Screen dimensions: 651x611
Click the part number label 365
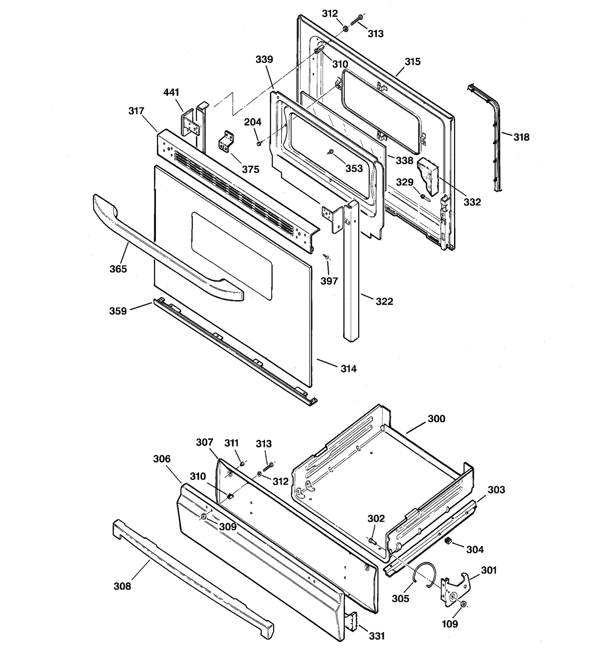tap(118, 269)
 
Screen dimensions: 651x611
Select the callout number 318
tap(521, 137)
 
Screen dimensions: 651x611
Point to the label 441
tap(171, 92)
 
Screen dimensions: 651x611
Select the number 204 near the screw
tap(252, 122)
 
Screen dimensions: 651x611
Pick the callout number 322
tap(384, 301)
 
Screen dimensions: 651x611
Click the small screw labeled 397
tap(326, 257)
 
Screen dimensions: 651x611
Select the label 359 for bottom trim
tap(118, 311)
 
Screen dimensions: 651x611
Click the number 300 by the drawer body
tap(436, 418)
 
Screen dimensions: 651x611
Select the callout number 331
tap(377, 636)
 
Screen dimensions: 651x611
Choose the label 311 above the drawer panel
tap(231, 443)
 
